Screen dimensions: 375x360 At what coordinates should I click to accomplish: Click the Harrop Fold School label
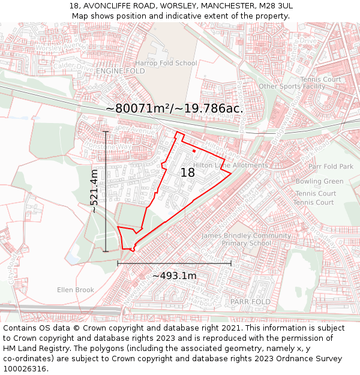[x=166, y=63]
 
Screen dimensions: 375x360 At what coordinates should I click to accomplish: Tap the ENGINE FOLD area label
[x=120, y=71]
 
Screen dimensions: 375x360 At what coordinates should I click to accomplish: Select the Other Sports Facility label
[x=292, y=86]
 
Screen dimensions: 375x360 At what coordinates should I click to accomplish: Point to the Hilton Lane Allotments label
[x=230, y=165]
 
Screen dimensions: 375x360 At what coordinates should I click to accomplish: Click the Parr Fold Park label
[x=331, y=166]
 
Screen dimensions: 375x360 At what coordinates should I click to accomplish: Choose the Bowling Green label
[x=320, y=181]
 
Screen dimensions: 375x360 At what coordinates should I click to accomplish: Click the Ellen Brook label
[x=76, y=290]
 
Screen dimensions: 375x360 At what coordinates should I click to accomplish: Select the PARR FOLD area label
[x=251, y=301]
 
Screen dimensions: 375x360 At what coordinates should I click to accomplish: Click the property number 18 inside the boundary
[x=188, y=173]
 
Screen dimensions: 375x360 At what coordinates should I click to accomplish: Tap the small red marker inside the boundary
[x=194, y=151]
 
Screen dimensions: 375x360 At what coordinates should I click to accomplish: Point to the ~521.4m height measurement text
[x=94, y=191]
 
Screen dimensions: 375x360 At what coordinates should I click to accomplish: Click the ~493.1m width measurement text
[x=174, y=275]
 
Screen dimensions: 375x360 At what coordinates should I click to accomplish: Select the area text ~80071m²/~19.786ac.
[x=175, y=109]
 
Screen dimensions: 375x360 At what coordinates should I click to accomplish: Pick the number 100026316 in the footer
[x=25, y=368]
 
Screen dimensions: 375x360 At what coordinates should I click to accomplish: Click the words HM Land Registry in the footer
[x=31, y=348]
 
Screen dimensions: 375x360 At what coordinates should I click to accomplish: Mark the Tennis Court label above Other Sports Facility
[x=320, y=79]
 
